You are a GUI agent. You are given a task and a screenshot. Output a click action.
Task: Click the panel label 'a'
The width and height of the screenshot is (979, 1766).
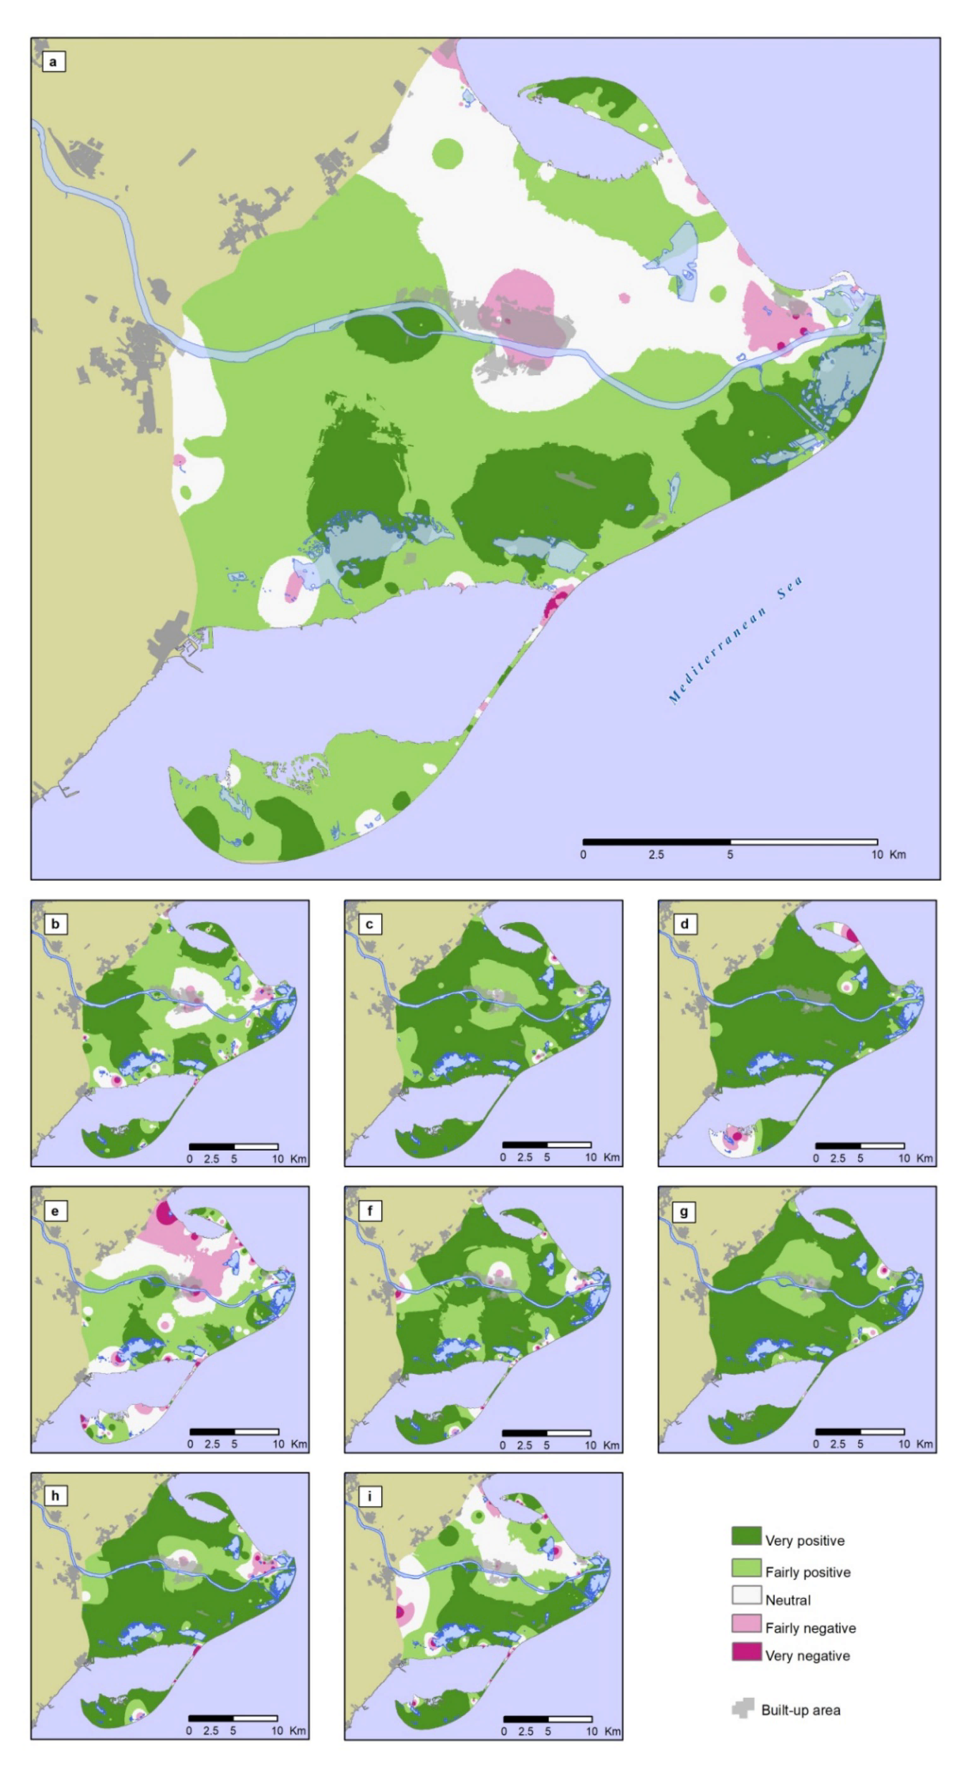53,62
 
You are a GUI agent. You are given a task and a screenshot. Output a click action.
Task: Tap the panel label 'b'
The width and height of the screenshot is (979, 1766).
55,924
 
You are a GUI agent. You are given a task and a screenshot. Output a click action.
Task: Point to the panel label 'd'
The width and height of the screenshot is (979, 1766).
683,924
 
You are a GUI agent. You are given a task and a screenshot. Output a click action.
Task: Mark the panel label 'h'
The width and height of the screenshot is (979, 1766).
55,1495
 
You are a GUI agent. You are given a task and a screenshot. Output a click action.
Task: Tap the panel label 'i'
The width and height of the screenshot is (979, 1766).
369,1495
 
